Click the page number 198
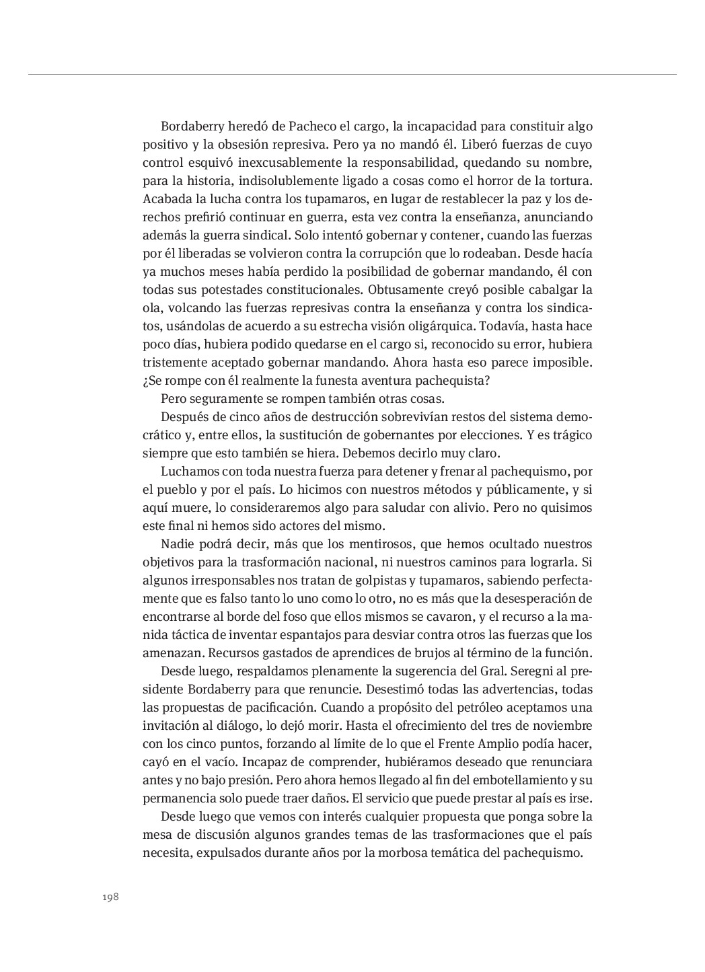[110, 897]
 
